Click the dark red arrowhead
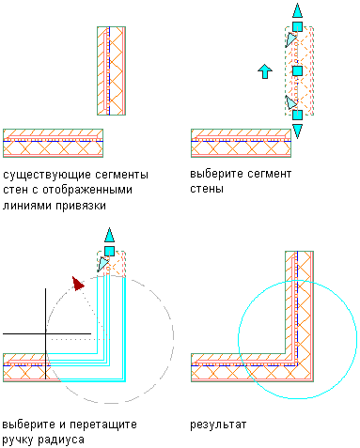pyautogui.click(x=78, y=284)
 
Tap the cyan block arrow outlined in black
pyautogui.click(x=265, y=71)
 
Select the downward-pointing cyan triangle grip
pyautogui.click(x=297, y=131)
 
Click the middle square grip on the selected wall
pyautogui.click(x=297, y=71)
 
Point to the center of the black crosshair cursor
pyautogui.click(x=46, y=333)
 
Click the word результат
pyautogui.click(x=218, y=425)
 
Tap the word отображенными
pyautogui.click(x=87, y=190)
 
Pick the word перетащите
pyautogui.click(x=103, y=425)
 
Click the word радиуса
pyautogui.click(x=61, y=440)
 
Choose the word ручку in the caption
pyautogui.click(x=18, y=440)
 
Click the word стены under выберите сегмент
pyautogui.click(x=207, y=189)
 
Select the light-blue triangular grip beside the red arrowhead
pyautogui.click(x=102, y=264)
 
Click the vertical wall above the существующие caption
pyautogui.click(x=111, y=71)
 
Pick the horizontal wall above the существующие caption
pyautogui.click(x=53, y=143)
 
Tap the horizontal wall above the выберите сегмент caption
pyautogui.click(x=241, y=143)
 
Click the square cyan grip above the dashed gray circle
pyautogui.click(x=109, y=251)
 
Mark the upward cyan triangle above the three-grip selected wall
pyautogui.click(x=297, y=10)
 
